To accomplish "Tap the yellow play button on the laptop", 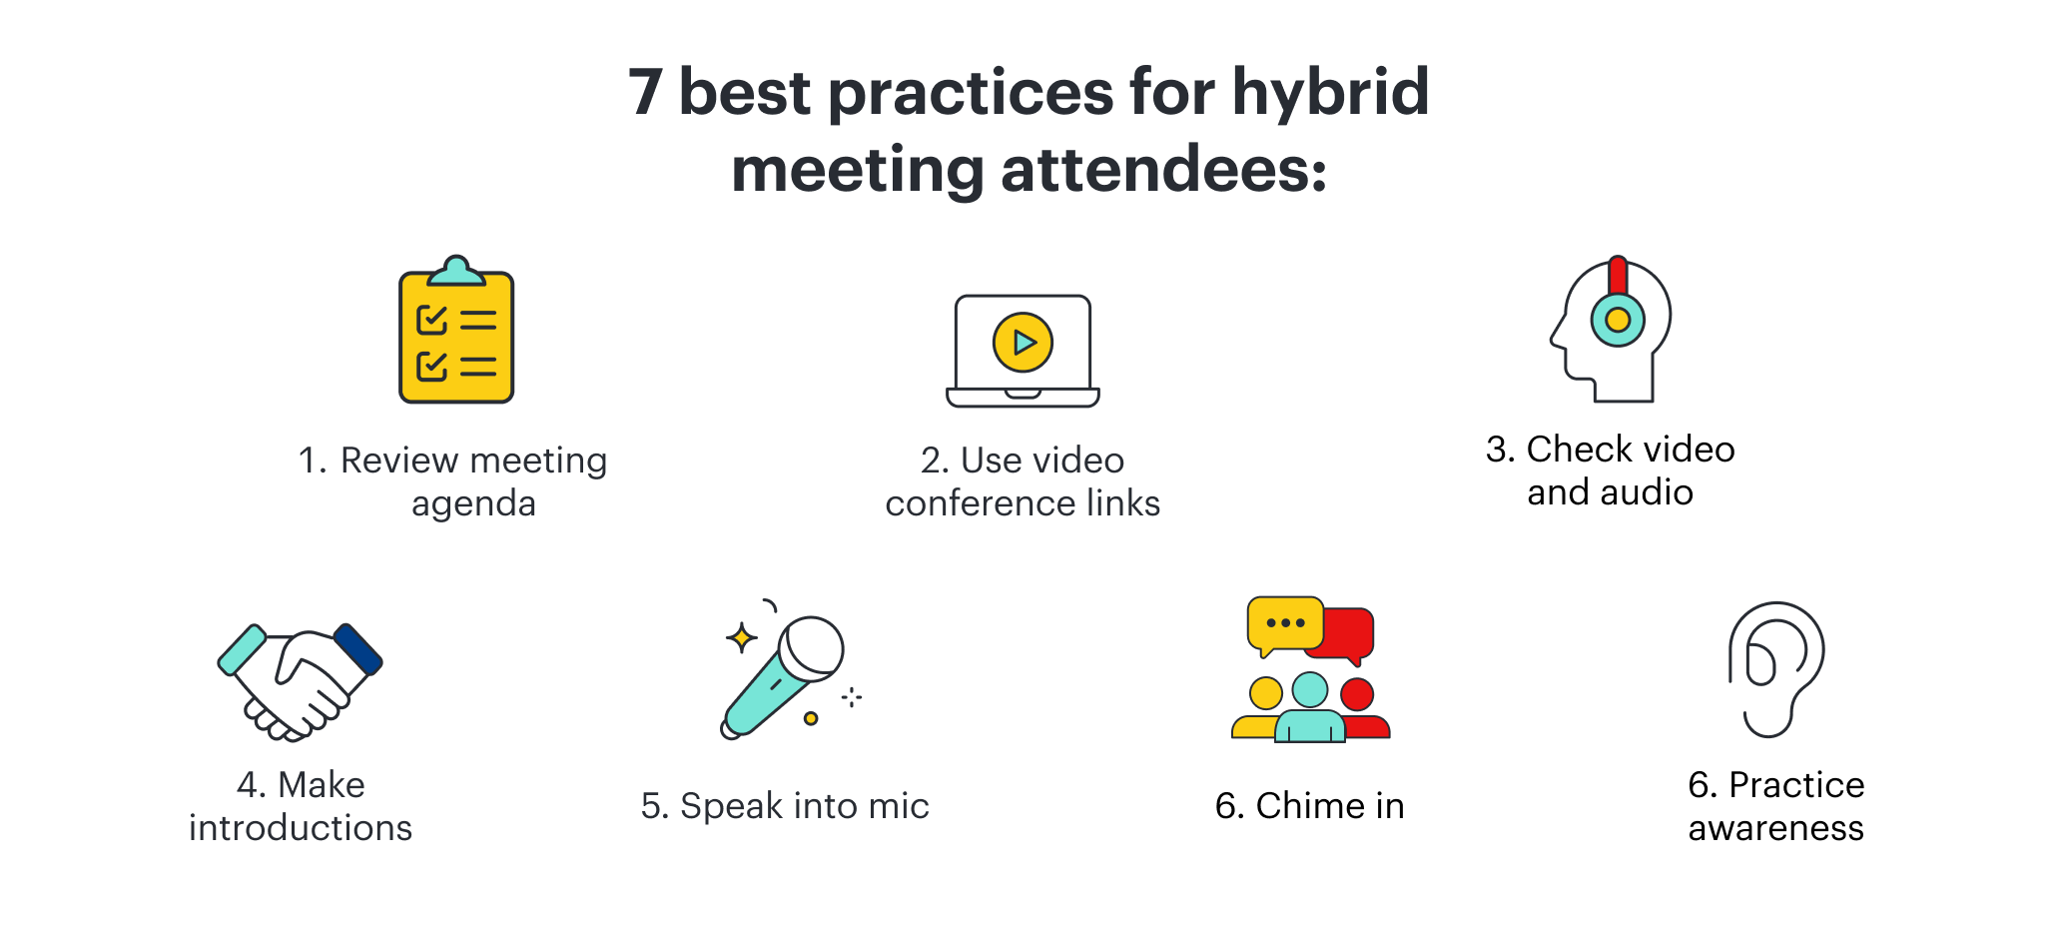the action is pyautogui.click(x=1023, y=343).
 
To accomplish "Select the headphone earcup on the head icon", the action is pyautogui.click(x=1618, y=320).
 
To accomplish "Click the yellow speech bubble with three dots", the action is pyautogui.click(x=1285, y=625).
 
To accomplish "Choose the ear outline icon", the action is pyautogui.click(x=1776, y=669).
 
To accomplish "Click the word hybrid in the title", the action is pyautogui.click(x=1330, y=93).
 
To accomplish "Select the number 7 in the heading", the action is pyautogui.click(x=645, y=93).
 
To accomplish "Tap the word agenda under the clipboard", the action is pyautogui.click(x=473, y=504).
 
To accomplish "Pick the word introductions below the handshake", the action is pyautogui.click(x=301, y=828).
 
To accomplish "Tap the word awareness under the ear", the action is pyautogui.click(x=1776, y=828).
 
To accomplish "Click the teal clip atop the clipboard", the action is pyautogui.click(x=456, y=271).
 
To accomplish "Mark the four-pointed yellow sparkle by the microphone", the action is pyautogui.click(x=741, y=637).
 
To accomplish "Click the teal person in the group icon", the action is pyautogui.click(x=1310, y=707).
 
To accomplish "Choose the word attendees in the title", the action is pyautogui.click(x=1164, y=171).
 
